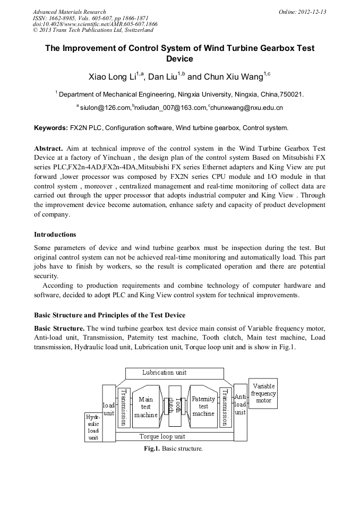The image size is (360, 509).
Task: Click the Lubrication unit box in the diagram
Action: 164,373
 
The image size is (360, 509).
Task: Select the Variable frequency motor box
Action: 263,394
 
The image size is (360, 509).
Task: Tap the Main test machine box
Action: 146,407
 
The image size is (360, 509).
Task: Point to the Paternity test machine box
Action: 203,407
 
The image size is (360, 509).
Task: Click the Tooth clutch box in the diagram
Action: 172,407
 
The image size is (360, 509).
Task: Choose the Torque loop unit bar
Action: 162,436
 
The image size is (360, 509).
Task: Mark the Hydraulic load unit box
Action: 93,427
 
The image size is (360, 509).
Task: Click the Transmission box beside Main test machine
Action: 123,407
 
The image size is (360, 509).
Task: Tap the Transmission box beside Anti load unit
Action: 225,407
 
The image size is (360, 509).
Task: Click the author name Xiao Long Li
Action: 110,77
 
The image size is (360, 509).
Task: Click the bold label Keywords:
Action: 51,128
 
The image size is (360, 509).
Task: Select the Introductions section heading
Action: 55,234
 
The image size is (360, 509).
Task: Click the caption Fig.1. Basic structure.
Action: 173,448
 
